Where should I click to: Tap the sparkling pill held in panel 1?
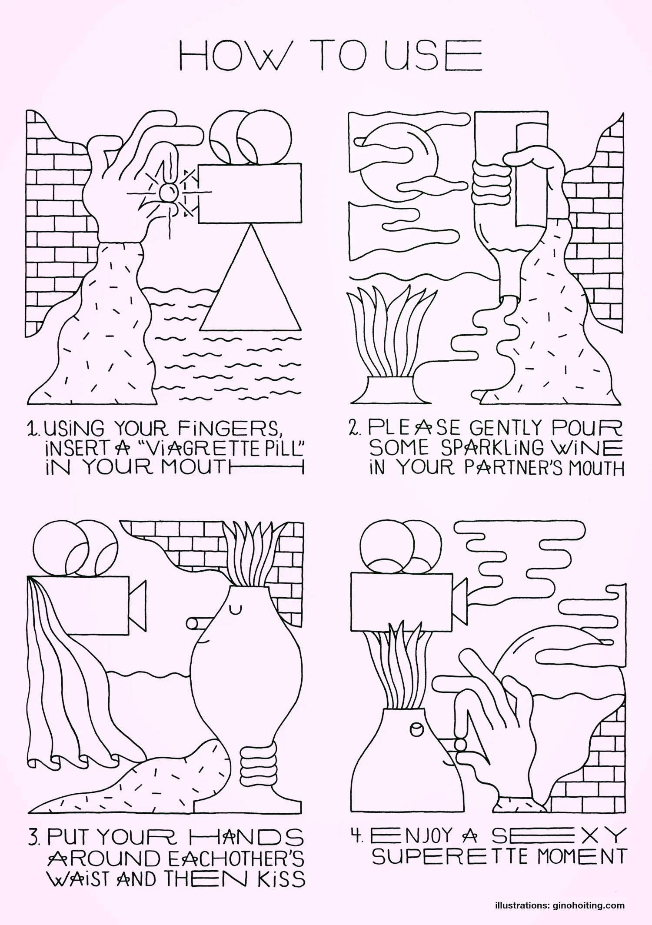(168, 191)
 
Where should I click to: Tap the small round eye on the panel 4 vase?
(417, 729)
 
